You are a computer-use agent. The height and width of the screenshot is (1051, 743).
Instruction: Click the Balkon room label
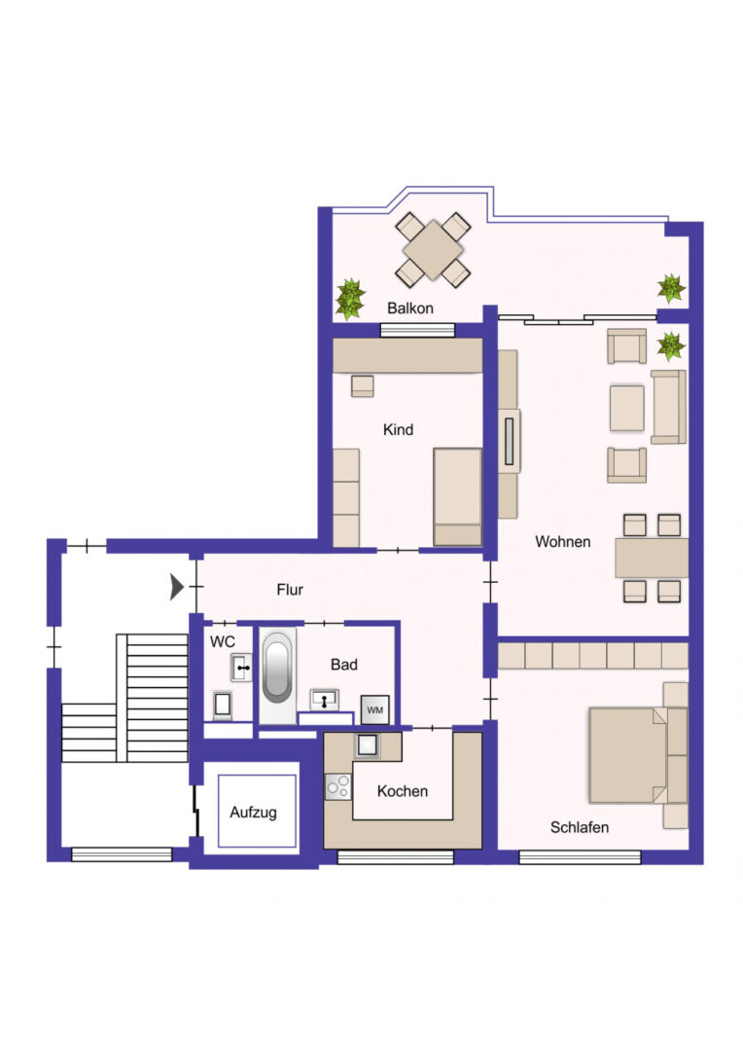coord(410,308)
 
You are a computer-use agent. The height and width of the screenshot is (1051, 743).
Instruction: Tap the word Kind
coord(398,430)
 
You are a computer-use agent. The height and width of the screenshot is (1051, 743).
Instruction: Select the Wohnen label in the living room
coord(563,542)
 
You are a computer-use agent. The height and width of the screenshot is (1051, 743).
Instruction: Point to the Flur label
coord(290,590)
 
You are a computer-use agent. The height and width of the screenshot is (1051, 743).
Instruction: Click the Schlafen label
coord(580,828)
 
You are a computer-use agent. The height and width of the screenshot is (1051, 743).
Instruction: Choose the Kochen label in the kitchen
coord(402,791)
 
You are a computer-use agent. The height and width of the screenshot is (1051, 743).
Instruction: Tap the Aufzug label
coord(253,813)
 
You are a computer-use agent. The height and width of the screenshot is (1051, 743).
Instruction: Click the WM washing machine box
coord(375,709)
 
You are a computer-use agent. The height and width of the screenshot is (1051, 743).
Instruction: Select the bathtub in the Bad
coord(277,674)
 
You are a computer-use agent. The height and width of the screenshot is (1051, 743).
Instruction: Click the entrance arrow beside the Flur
coord(177,587)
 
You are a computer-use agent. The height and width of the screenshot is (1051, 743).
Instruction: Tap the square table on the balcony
coord(433,251)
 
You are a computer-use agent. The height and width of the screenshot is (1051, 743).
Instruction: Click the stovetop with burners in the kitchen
coord(338,786)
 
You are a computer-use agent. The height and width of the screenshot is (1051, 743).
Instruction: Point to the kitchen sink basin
coord(368,745)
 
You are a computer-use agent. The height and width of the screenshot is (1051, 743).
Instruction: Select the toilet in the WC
coord(223,706)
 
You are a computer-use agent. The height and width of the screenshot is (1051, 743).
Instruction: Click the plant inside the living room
coord(671,346)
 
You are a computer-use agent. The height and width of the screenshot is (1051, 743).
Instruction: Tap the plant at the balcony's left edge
coord(350,299)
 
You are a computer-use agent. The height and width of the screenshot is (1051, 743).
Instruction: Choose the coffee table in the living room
coord(627,408)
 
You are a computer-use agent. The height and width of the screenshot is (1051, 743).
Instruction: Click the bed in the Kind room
coord(458,496)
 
